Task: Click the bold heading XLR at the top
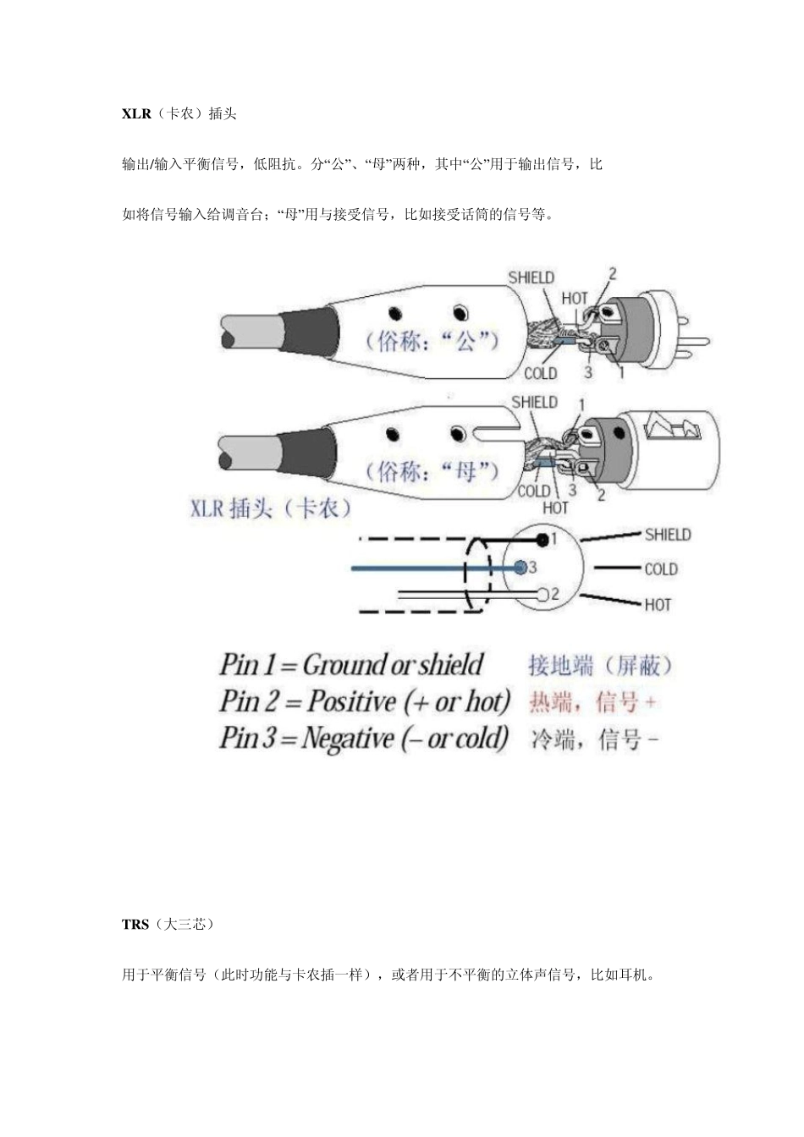coord(136,113)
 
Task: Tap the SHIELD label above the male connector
coord(531,277)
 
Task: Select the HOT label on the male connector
coord(575,298)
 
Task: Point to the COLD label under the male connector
coord(540,373)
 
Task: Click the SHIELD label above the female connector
coord(534,402)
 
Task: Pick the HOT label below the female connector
coord(555,508)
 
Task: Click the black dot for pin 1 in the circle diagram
coord(542,539)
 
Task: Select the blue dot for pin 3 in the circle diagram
coord(521,566)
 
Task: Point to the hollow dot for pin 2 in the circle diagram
coord(542,595)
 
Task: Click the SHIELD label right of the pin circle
coord(667,535)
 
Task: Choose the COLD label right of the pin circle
coord(660,569)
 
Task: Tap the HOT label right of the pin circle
coord(657,605)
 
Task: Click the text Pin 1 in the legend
coord(246,665)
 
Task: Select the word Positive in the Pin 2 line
coord(351,701)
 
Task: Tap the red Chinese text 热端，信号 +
coord(592,702)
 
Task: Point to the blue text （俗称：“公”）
coord(432,341)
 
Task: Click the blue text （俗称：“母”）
coord(432,470)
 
